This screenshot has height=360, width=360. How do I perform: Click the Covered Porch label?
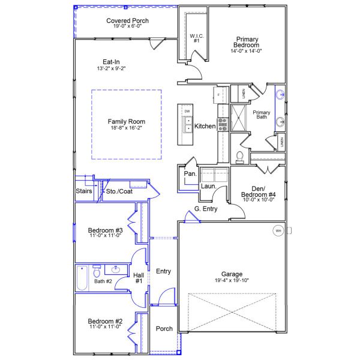point(127,21)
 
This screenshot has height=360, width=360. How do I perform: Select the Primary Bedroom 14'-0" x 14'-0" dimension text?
point(247,51)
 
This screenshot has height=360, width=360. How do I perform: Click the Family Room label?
point(126,121)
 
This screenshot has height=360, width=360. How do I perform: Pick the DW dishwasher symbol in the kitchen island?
point(187,112)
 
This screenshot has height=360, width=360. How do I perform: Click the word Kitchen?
point(205,127)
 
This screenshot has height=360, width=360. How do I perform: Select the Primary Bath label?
point(260,115)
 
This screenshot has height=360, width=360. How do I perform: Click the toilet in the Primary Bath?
point(239,156)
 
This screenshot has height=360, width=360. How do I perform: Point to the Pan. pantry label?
point(190,173)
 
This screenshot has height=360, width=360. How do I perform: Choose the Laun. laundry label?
point(208,186)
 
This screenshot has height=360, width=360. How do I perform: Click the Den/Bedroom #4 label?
point(258,191)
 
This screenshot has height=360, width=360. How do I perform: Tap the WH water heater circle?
point(278,230)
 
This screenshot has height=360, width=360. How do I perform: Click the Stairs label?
point(84,191)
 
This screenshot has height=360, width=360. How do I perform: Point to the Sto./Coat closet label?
point(118,191)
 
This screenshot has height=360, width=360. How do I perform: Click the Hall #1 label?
point(139,277)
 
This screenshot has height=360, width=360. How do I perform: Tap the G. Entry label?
point(206,209)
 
